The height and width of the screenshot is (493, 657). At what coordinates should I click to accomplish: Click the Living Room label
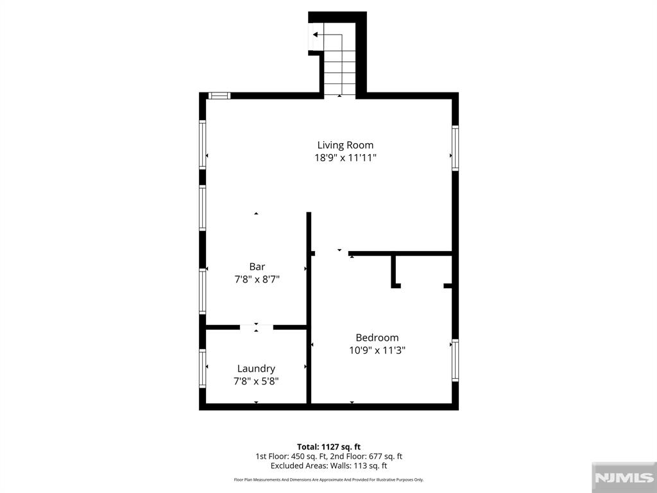tap(345, 145)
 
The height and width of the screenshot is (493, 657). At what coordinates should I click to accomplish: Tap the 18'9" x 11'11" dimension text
tap(346, 158)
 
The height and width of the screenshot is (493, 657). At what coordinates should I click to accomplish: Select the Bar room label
tap(257, 266)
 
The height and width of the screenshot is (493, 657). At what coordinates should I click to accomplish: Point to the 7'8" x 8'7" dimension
tap(257, 279)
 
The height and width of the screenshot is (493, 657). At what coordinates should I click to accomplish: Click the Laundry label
tap(256, 368)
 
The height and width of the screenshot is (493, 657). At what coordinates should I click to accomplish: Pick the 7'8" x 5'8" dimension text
tap(256, 381)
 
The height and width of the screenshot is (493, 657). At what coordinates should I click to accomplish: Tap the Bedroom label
tap(377, 338)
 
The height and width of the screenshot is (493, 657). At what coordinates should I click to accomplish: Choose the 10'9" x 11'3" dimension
tap(377, 350)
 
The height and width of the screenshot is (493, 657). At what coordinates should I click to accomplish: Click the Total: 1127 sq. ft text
tap(329, 447)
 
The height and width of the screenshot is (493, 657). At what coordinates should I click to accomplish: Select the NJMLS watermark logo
tap(624, 478)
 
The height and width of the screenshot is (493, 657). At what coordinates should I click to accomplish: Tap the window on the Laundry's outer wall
tap(202, 368)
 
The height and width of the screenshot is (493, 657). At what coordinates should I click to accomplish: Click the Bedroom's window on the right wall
tap(455, 360)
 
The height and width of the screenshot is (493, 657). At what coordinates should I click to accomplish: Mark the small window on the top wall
tap(219, 96)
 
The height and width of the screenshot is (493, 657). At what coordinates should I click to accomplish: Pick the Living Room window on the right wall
tap(455, 148)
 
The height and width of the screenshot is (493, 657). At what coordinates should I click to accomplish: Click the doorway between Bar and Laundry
tap(257, 327)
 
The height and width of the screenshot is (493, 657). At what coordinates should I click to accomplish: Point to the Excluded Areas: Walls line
tap(329, 466)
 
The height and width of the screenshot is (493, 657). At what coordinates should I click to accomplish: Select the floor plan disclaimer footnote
tap(329, 480)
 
